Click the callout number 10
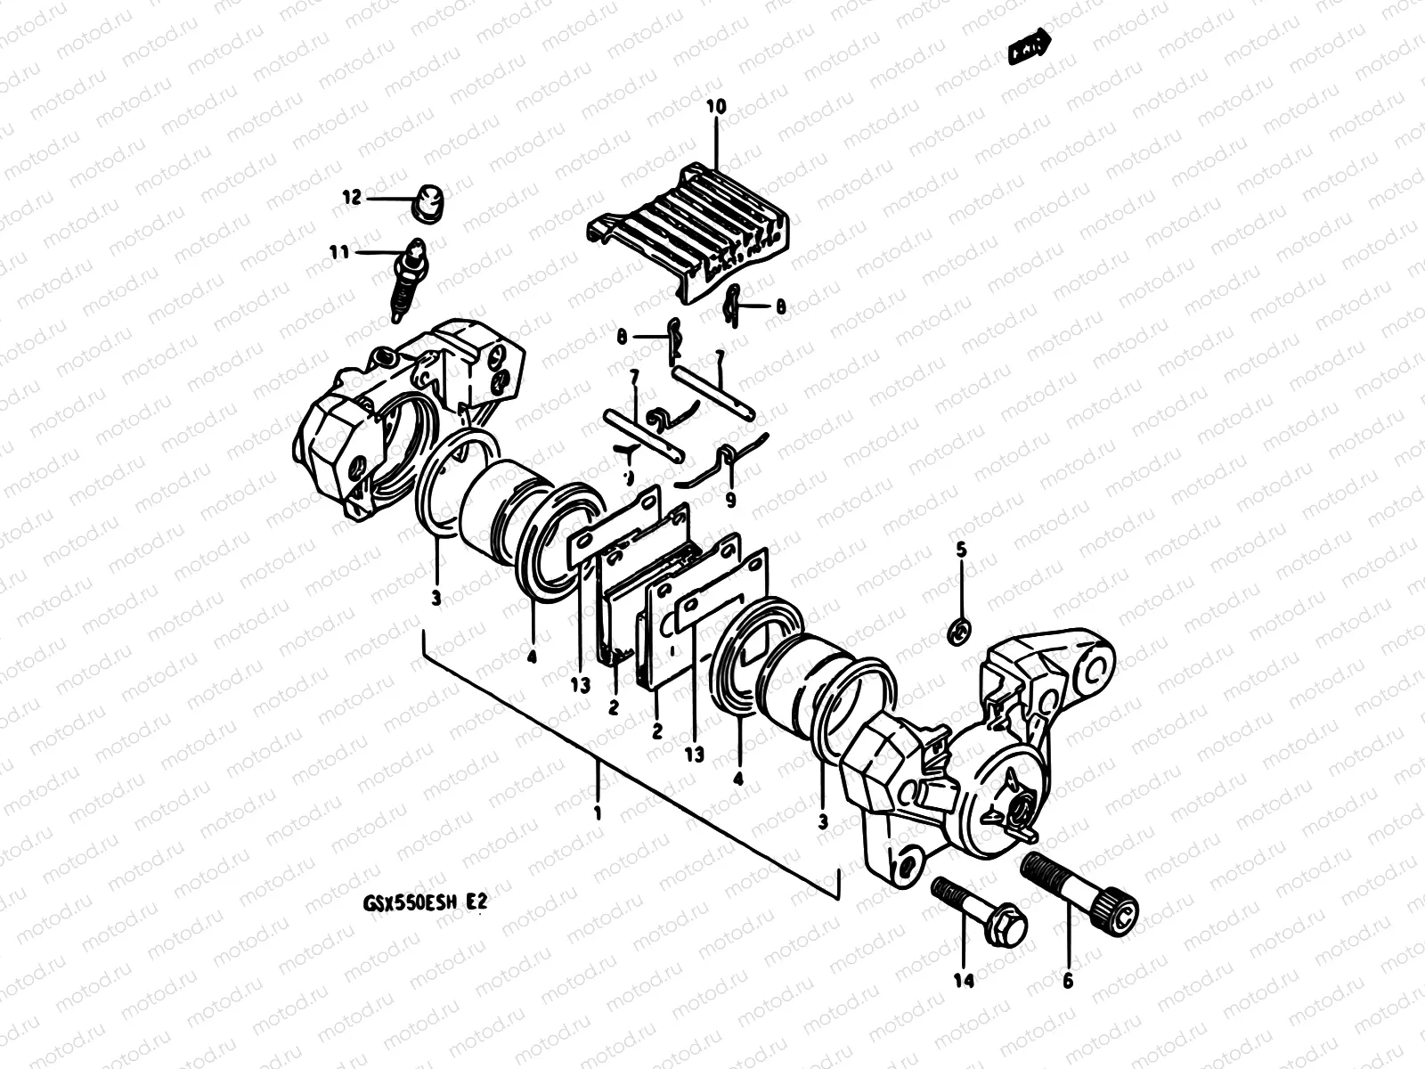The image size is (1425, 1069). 716,107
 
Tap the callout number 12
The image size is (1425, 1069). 353,198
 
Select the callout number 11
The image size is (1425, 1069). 338,253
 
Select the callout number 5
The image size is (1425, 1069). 961,551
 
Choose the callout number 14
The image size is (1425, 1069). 964,981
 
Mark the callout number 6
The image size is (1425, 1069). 1068,981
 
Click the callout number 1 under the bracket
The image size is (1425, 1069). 597,813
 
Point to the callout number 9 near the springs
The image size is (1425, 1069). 730,501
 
